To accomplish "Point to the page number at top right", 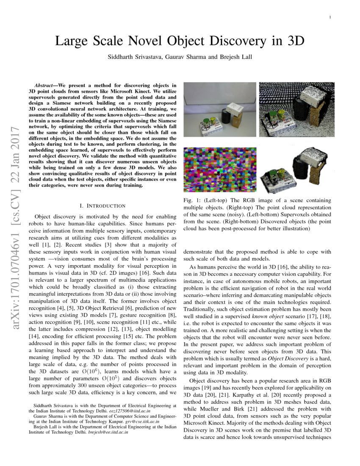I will pos(330,17).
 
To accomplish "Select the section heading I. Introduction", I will pos(102,206).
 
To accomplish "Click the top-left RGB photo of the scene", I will pos(219,109).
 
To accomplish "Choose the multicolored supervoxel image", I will pos(219,169).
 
